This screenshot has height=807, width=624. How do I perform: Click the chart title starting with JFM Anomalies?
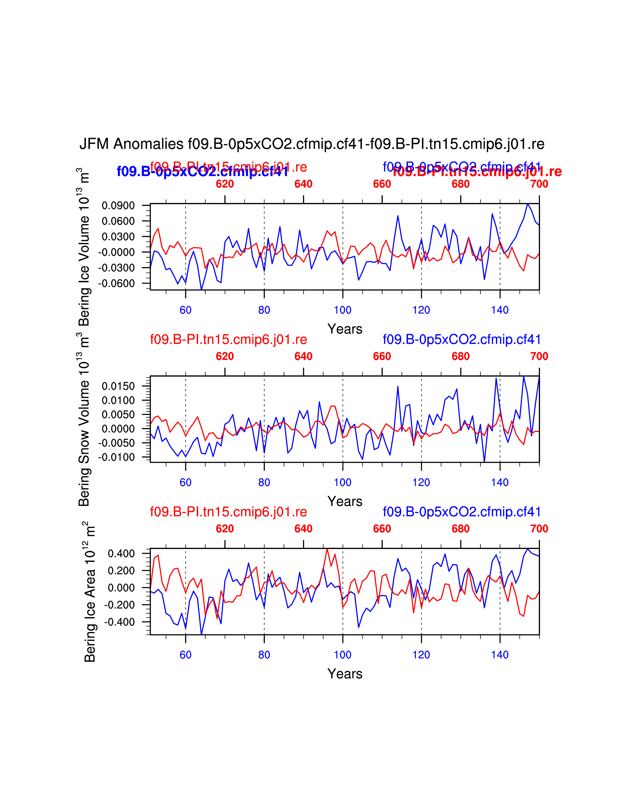312,144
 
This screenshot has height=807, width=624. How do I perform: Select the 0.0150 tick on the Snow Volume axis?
118,386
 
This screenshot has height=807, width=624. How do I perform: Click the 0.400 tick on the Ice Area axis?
121,553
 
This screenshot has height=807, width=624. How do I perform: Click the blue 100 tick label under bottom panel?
342,655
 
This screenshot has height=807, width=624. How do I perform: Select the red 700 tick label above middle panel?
539,356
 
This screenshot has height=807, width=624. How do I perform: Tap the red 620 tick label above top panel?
225,184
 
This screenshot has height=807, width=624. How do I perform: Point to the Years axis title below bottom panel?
345,674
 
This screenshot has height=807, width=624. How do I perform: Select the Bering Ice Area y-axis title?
90,591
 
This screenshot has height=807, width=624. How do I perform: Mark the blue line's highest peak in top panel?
528,204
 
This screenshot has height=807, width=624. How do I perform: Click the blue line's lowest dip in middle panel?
484,461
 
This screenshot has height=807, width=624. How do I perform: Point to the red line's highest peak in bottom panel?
327,549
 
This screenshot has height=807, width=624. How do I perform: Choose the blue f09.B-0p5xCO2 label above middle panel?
461,339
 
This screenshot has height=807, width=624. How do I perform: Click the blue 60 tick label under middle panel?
185,482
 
